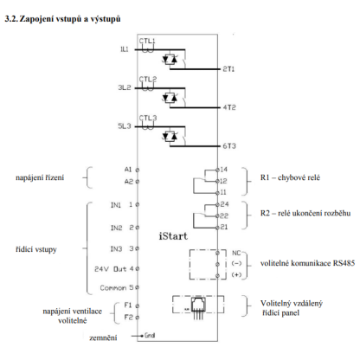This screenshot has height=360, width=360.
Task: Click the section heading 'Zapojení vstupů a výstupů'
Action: [x=70, y=19]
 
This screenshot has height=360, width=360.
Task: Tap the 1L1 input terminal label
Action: [x=125, y=49]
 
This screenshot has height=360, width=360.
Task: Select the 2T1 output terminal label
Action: [x=228, y=69]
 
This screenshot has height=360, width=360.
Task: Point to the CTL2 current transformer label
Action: [x=148, y=80]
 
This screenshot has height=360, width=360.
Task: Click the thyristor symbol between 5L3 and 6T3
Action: [x=170, y=136]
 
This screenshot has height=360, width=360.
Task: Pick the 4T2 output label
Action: [x=229, y=107]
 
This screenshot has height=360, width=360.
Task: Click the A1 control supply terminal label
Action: [x=128, y=170]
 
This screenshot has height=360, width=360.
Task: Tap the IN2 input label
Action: [x=116, y=228]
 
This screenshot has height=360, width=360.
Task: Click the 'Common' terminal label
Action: [x=113, y=288]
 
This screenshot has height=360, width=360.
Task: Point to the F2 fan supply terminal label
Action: [x=128, y=318]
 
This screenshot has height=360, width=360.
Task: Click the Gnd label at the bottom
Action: [x=150, y=335]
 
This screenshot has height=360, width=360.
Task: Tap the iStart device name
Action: [x=173, y=236]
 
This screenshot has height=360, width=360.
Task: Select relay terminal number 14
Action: [x=224, y=170]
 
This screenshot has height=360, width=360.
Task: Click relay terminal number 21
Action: [x=224, y=227]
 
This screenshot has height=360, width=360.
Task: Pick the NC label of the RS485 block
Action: [x=236, y=253]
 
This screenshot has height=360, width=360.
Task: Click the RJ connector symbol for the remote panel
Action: [x=198, y=308]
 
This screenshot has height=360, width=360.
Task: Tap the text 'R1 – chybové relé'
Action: [x=290, y=177]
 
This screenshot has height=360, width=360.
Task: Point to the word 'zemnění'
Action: [x=103, y=337]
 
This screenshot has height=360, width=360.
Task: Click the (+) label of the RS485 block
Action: [x=236, y=275]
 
